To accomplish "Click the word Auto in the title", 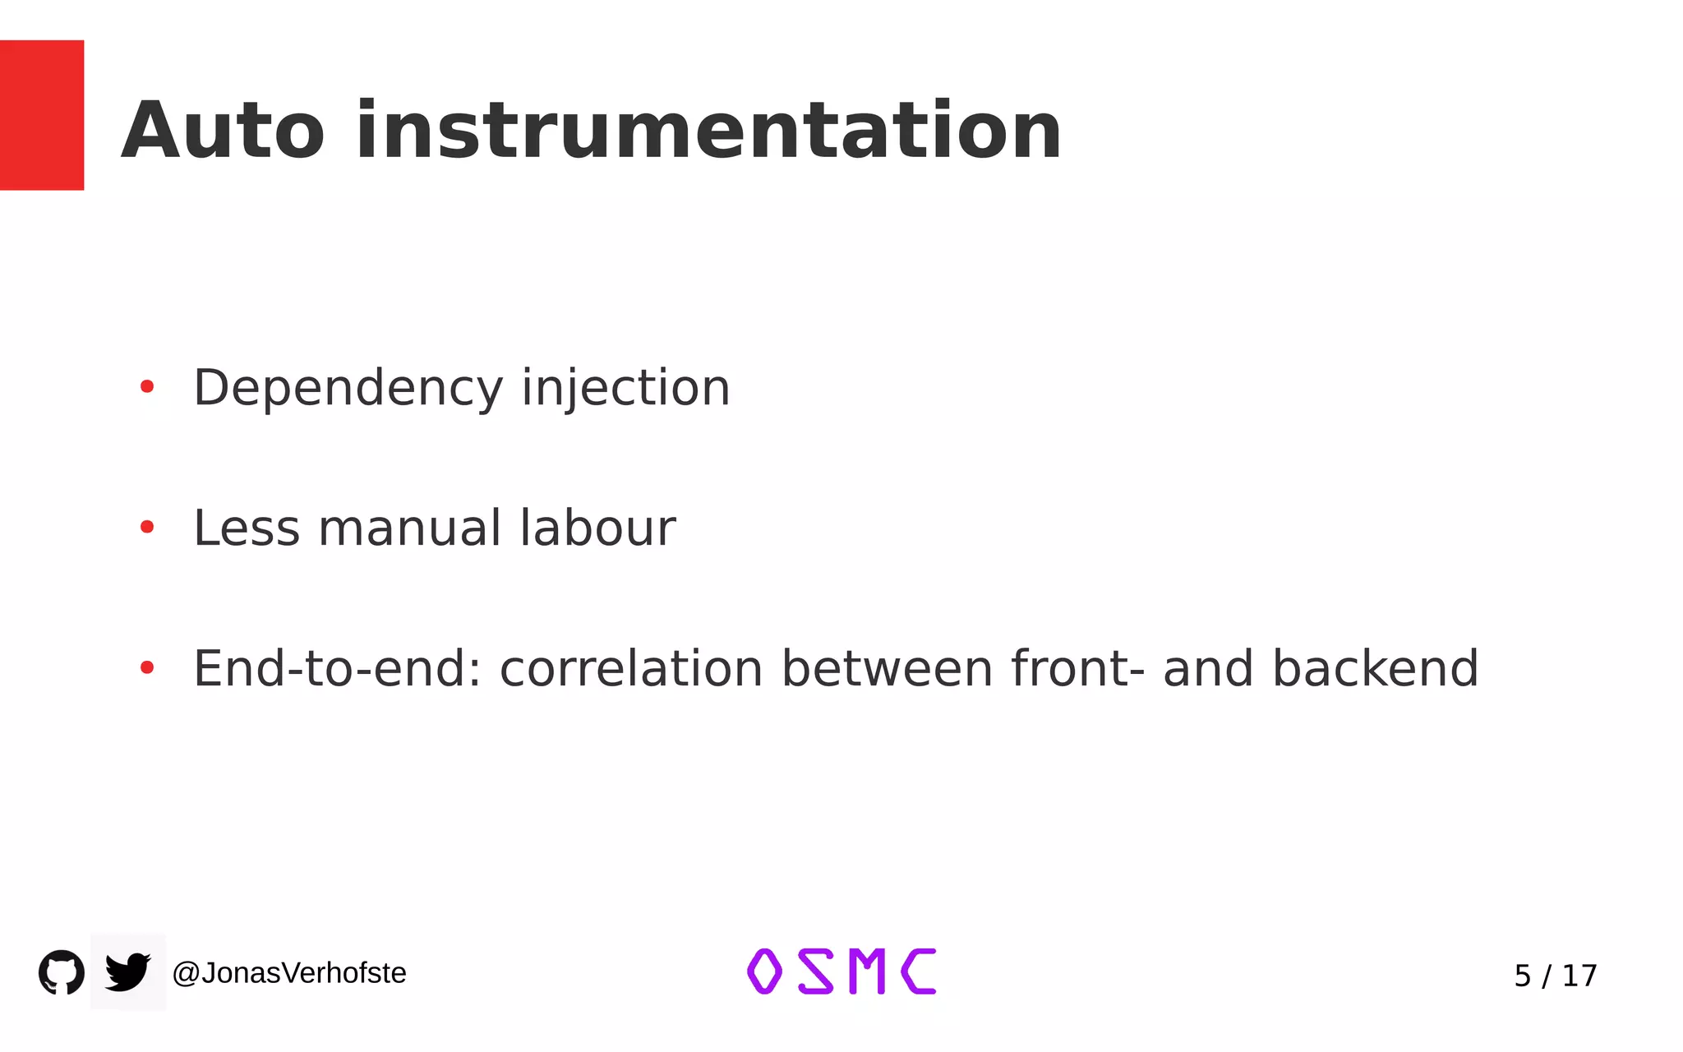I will [x=223, y=131].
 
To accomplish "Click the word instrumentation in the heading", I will [x=708, y=131].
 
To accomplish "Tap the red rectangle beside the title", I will [x=42, y=115].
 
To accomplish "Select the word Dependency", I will [x=348, y=388].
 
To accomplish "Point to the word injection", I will [x=625, y=388].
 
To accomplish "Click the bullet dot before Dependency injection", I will [x=147, y=386].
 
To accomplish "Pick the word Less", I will [x=247, y=528].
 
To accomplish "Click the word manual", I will [x=409, y=528].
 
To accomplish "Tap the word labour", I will [x=597, y=528].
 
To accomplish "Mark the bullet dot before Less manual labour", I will [x=147, y=527].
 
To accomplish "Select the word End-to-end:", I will [x=337, y=668].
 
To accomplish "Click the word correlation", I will [x=631, y=668].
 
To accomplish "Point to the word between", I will [x=887, y=668].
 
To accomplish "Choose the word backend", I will [x=1375, y=668].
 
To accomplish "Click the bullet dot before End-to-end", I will [x=147, y=667].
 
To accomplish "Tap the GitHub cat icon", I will [x=62, y=972].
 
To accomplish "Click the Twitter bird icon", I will [x=128, y=972].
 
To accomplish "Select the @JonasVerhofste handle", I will [x=289, y=973].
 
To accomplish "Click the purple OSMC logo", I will [x=841, y=971].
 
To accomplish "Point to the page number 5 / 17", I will [x=1555, y=976].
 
